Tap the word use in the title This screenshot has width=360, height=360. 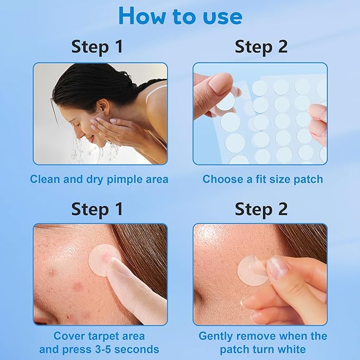[x=217, y=17]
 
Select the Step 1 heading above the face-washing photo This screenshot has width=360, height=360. [x=97, y=47]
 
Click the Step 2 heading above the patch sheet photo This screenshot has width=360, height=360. [x=261, y=47]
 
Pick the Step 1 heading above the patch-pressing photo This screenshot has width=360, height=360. [x=97, y=208]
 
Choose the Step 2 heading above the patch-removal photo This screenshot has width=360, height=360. [x=261, y=208]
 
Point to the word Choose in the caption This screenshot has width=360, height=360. [x=222, y=179]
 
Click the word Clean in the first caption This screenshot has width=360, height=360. [x=45, y=179]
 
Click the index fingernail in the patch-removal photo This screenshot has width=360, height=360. [x=278, y=267]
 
